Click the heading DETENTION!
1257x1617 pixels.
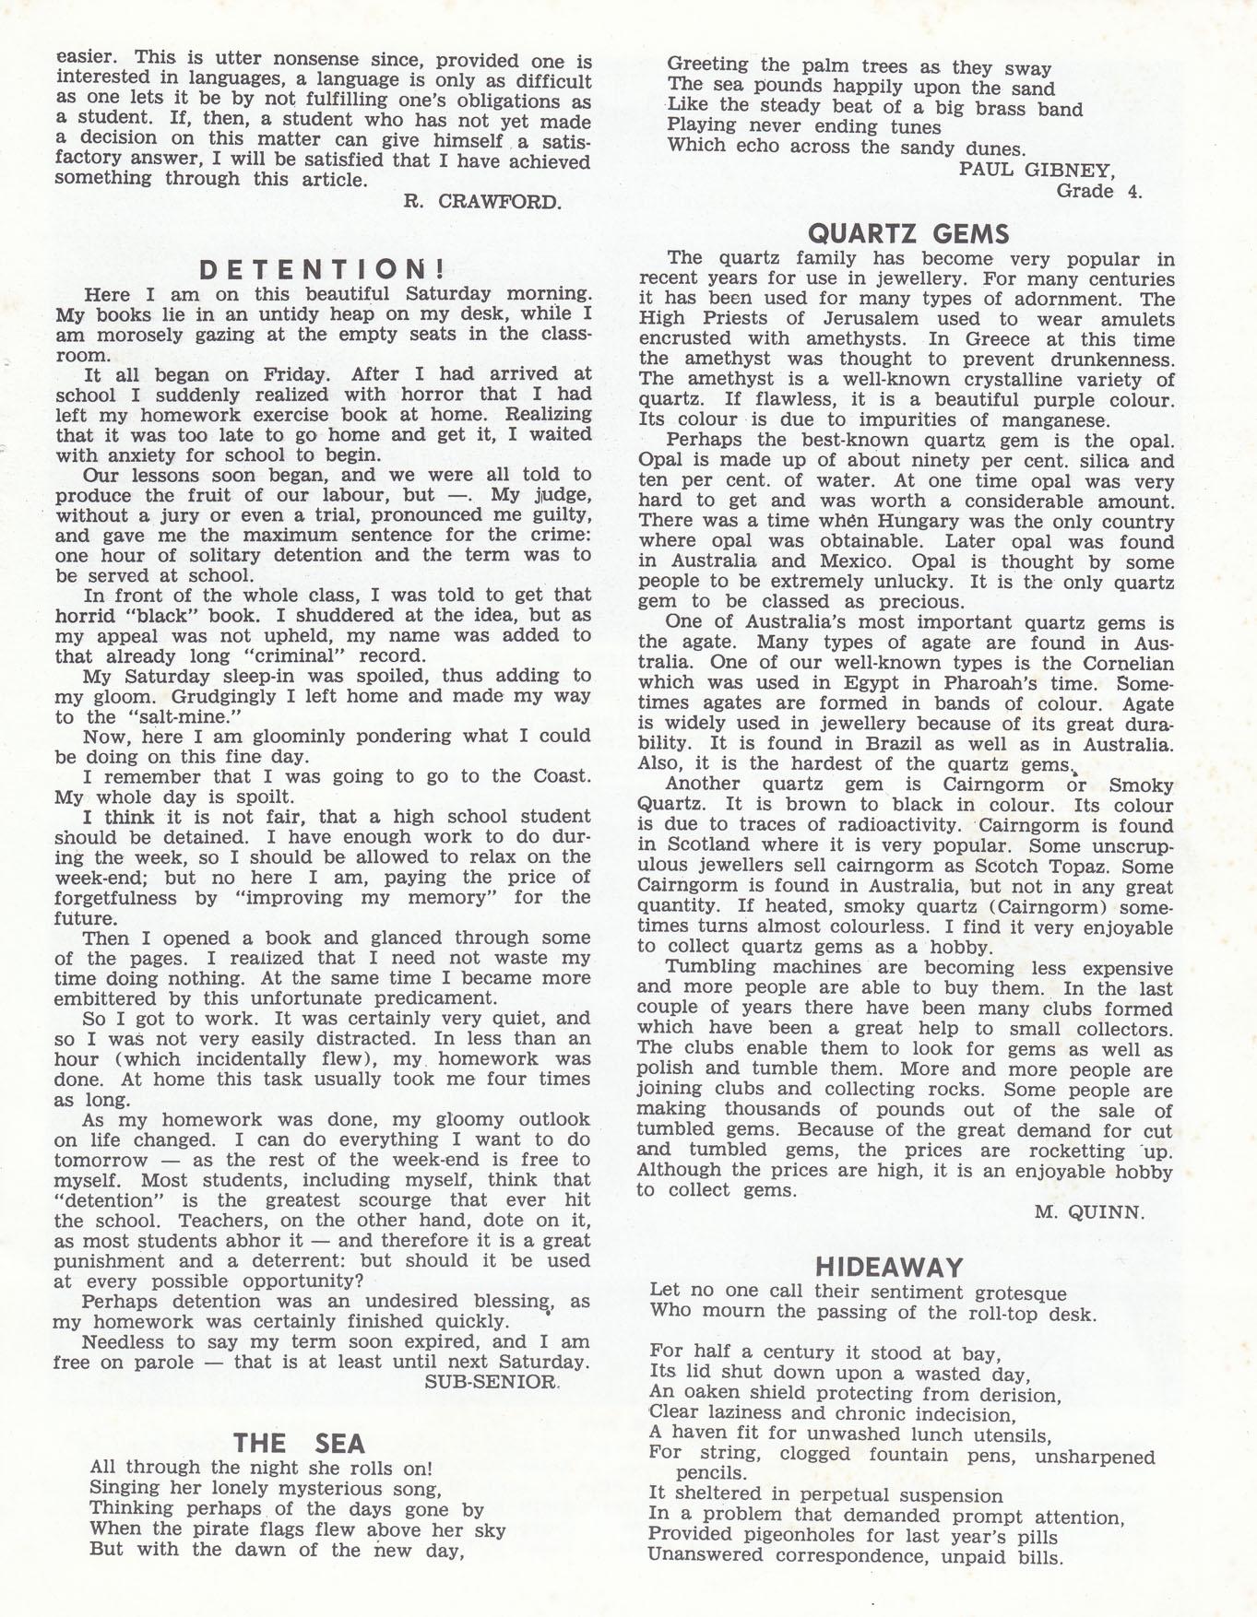tap(323, 269)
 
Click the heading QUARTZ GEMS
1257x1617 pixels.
tap(907, 233)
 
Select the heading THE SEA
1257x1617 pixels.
tap(299, 1443)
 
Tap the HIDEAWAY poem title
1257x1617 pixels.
tap(888, 1267)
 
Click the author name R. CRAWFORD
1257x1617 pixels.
tap(481, 202)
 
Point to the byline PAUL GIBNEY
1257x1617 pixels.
tap(1037, 169)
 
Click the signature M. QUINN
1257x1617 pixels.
tap(1089, 1212)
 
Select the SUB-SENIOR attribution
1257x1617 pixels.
tap(491, 1382)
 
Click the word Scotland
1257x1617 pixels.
tap(706, 844)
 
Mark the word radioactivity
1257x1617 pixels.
tap(897, 825)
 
